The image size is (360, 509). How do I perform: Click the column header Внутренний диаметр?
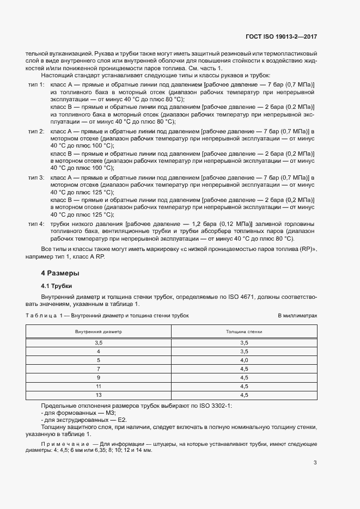(x=99, y=331)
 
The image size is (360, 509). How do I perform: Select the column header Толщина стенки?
(x=243, y=331)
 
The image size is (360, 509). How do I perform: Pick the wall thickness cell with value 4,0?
(x=243, y=360)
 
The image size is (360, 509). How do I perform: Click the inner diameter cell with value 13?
(x=99, y=395)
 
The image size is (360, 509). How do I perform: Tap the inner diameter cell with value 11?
(x=99, y=386)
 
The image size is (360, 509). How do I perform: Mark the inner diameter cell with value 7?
(x=99, y=369)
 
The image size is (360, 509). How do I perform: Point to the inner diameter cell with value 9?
(x=99, y=377)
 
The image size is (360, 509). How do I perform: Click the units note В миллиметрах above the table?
(x=297, y=315)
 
